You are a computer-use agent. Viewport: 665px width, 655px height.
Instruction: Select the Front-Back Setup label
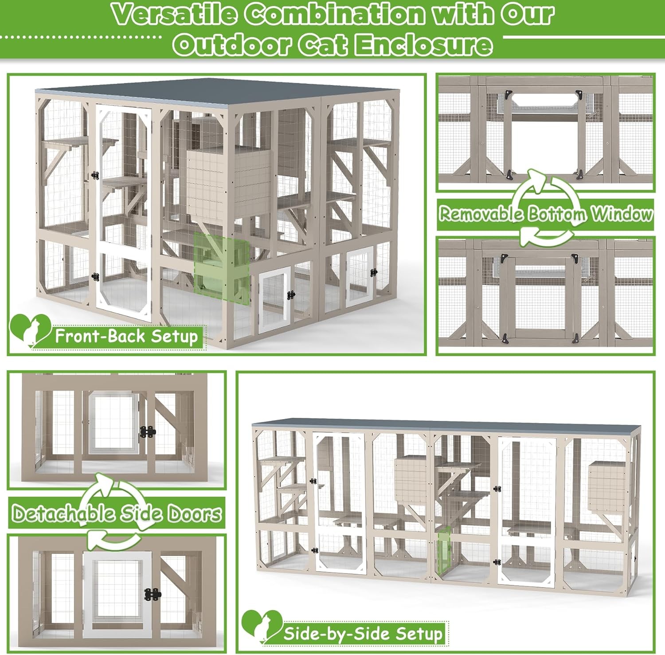(126, 336)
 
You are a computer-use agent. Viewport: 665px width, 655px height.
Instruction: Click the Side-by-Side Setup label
(363, 633)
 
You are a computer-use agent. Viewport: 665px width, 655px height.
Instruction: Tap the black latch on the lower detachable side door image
(153, 595)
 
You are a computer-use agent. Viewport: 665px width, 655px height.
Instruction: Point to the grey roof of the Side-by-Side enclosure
(443, 424)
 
